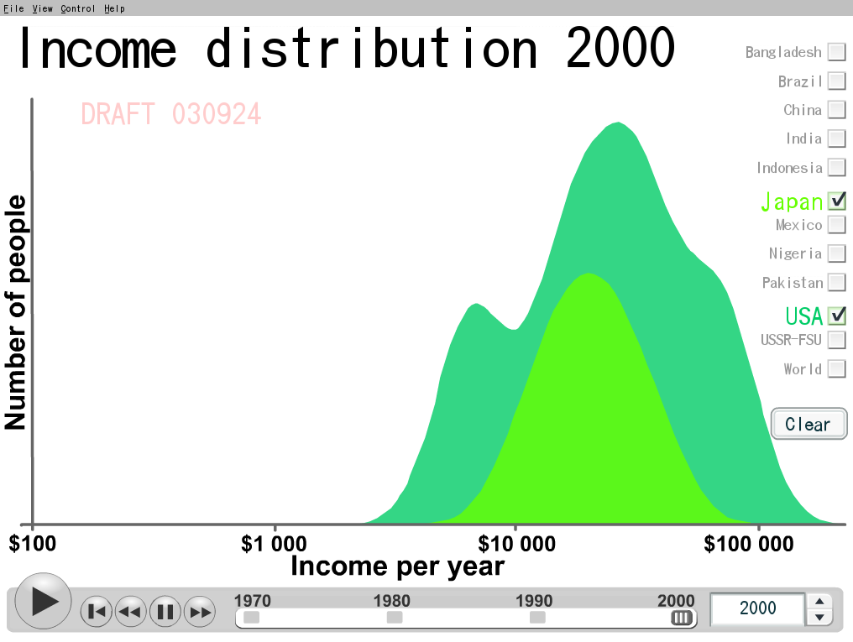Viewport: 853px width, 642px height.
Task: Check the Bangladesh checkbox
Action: coord(837,52)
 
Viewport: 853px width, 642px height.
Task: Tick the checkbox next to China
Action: coord(837,110)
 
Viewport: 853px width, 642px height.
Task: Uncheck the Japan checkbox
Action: coord(837,201)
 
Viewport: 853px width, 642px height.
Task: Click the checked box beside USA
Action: coord(837,316)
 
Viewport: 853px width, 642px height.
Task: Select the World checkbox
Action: coord(837,368)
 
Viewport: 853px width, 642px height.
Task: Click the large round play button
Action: coord(43,601)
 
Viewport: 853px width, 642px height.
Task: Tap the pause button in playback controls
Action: coord(165,612)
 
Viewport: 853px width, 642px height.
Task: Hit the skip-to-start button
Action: coord(97,612)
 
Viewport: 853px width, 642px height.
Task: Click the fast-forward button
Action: coord(200,612)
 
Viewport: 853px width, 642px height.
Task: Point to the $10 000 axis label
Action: coord(516,544)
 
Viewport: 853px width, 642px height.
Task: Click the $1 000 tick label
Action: coord(274,544)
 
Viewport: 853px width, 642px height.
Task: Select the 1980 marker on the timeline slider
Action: coord(395,618)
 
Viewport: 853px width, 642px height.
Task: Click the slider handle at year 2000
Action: coord(681,618)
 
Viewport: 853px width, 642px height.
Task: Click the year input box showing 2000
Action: coord(757,608)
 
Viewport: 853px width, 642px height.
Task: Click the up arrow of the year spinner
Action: coord(819,601)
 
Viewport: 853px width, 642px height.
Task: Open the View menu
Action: coord(43,8)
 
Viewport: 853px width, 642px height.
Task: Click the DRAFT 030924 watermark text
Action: coord(170,114)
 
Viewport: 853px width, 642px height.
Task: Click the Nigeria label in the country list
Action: coord(795,254)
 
